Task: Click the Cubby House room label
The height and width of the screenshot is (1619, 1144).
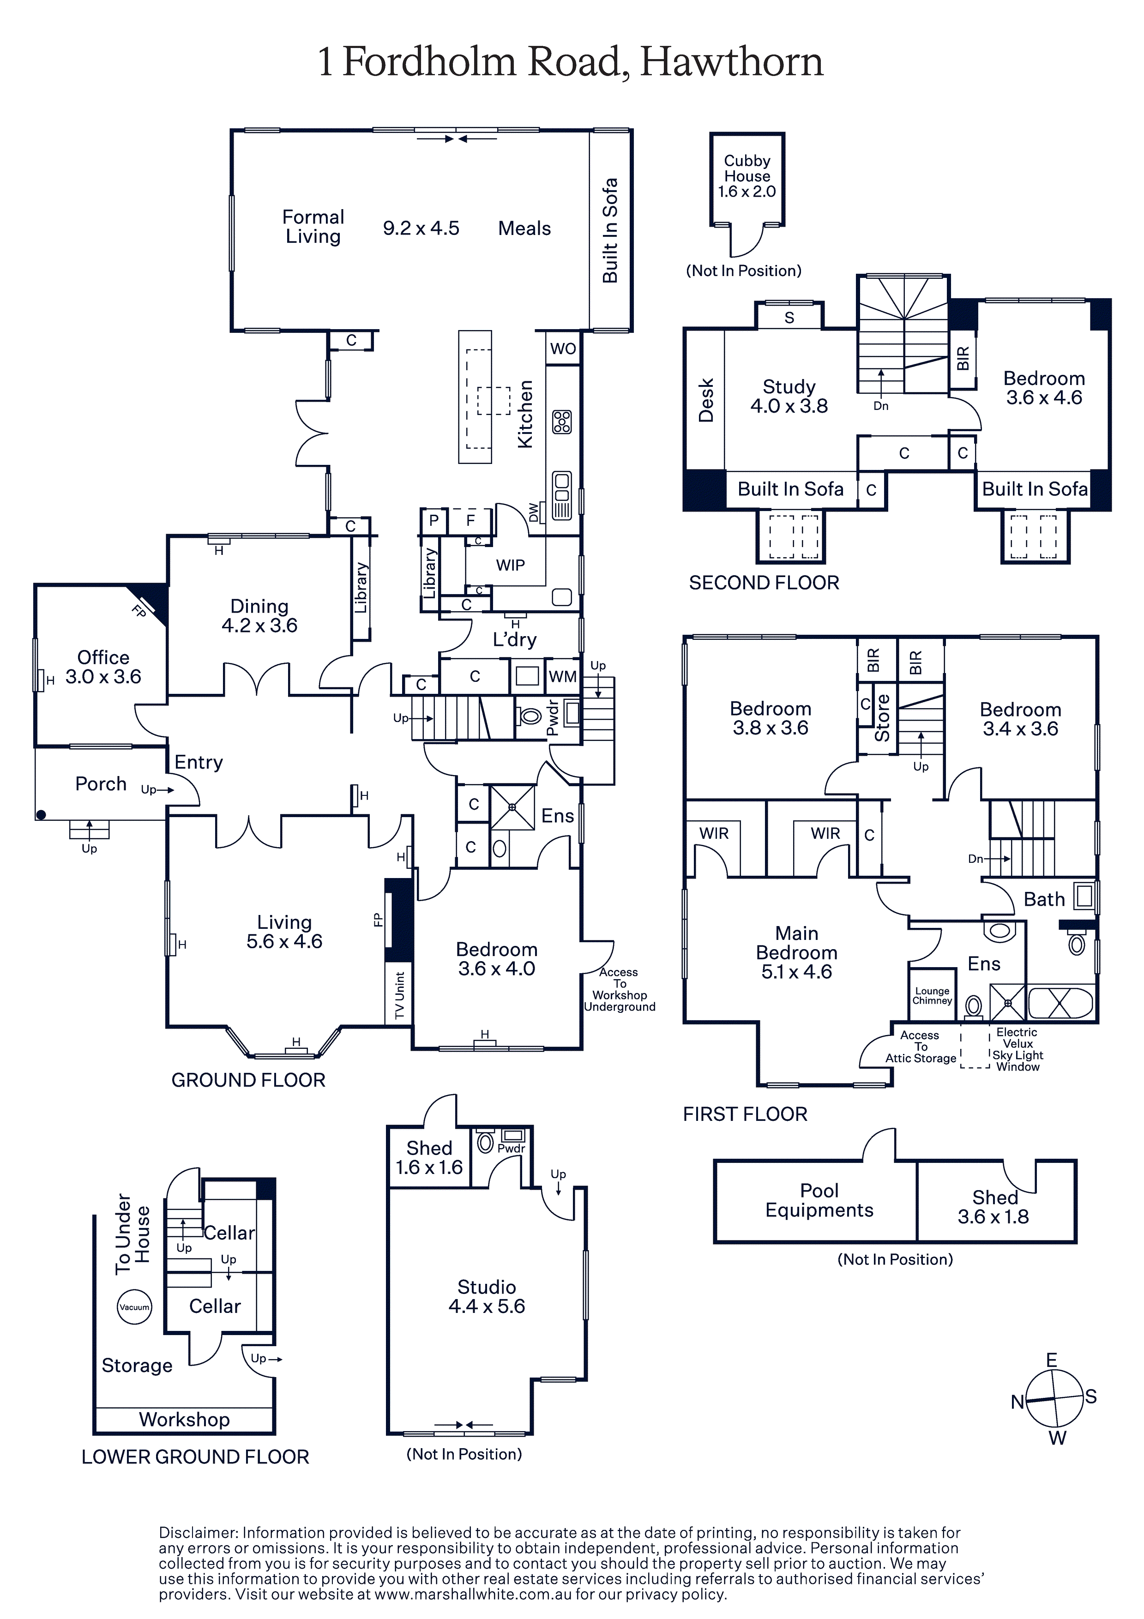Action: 747,175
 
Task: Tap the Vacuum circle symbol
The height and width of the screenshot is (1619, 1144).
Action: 134,1306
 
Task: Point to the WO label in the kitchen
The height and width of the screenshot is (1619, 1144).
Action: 563,349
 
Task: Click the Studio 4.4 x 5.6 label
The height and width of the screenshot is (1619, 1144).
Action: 487,1296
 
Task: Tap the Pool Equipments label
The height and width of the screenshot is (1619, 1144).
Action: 819,1200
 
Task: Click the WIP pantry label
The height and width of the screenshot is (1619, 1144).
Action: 510,565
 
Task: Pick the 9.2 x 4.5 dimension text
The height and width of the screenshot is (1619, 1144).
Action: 421,228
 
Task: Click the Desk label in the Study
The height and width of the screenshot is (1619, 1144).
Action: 706,400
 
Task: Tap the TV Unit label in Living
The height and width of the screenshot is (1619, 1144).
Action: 399,995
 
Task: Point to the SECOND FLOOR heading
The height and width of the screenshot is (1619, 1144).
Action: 764,583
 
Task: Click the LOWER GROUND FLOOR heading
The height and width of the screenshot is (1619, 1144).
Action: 195,1457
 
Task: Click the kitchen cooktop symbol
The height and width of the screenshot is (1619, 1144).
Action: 562,421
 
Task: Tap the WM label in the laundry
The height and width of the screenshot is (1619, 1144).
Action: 562,677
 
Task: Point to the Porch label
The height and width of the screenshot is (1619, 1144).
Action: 101,783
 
